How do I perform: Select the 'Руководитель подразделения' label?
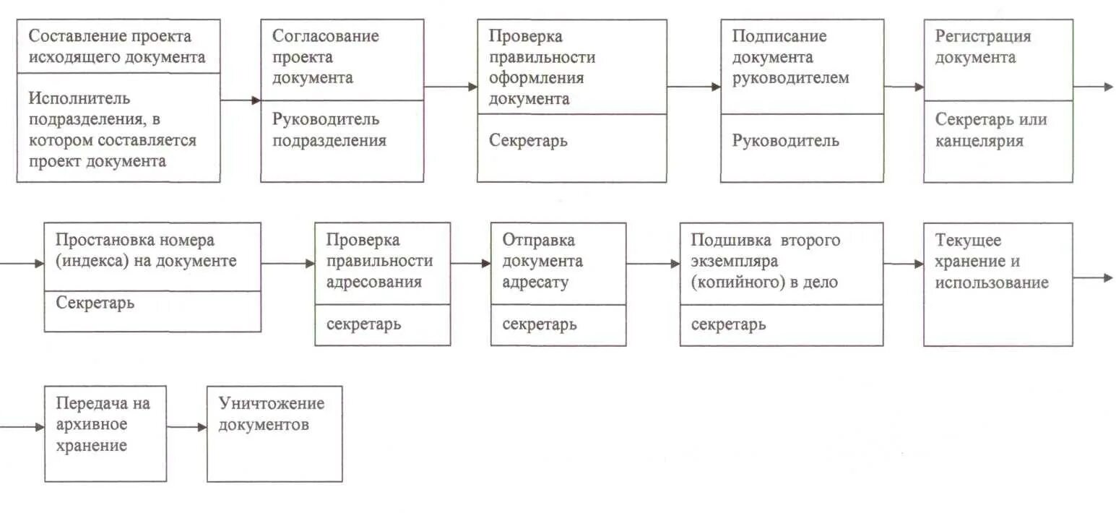coord(329,130)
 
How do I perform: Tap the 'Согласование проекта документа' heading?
coord(325,57)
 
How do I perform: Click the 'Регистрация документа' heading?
coord(983,47)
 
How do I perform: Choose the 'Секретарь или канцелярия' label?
coord(990,130)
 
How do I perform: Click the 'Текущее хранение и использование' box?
coord(998,283)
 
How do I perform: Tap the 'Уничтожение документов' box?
coord(274,433)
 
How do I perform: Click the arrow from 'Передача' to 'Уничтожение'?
coord(186,427)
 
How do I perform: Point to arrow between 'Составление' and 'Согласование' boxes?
coord(240,101)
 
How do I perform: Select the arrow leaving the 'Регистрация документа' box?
coord(1092,87)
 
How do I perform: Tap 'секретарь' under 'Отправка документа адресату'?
coord(539,324)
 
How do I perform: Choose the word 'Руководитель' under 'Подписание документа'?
coord(786,141)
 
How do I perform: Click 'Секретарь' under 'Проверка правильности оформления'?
coord(528,141)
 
